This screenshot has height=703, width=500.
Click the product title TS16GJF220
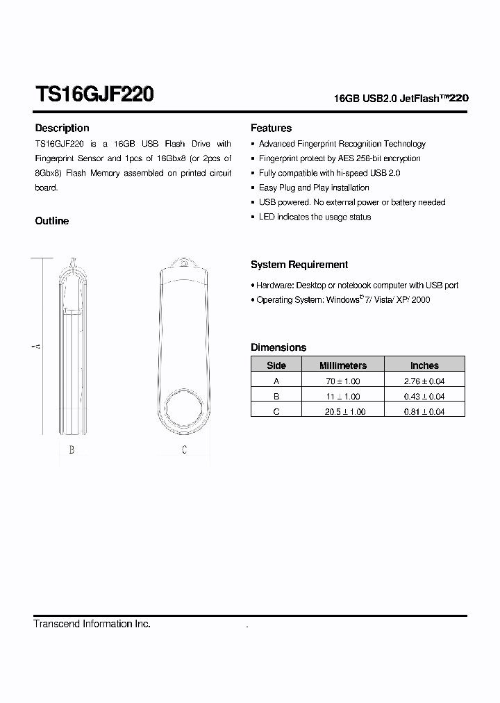(x=94, y=94)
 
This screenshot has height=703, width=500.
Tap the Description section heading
(x=62, y=128)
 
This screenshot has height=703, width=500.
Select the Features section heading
(x=271, y=128)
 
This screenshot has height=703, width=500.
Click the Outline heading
(x=52, y=221)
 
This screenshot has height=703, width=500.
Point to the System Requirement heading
(x=299, y=265)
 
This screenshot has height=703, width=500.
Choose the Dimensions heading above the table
(x=278, y=347)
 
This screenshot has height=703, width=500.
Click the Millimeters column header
(x=342, y=365)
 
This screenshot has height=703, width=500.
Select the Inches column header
(x=424, y=365)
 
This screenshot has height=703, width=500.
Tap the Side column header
(x=276, y=365)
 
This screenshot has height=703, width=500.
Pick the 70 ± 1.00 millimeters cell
(x=342, y=381)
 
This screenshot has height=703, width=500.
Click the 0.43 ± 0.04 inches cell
(x=424, y=397)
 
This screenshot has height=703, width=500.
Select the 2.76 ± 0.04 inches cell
(x=424, y=381)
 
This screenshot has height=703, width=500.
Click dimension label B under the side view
(x=72, y=450)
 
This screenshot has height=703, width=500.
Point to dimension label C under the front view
(x=184, y=450)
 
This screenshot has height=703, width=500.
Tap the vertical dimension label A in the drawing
(x=37, y=346)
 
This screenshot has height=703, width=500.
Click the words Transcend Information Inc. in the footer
(x=92, y=625)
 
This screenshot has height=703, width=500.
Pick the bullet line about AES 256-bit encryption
(x=339, y=158)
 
